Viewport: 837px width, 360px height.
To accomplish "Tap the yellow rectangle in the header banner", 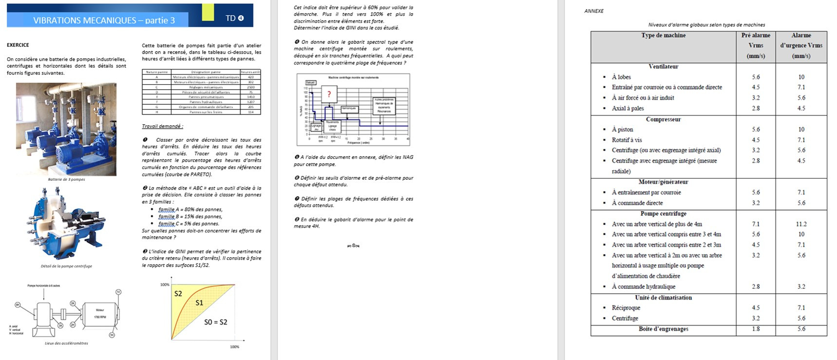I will pos(208,12).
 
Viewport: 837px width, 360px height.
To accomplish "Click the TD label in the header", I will pos(231,18).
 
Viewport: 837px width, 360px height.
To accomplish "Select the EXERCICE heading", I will pos(18,45).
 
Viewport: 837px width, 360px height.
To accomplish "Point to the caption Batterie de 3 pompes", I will pos(66,179).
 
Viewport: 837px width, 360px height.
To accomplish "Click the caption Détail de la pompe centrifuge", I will pos(66,266).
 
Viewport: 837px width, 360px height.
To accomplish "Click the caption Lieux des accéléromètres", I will pos(66,343).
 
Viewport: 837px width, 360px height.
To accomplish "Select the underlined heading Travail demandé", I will pos(162,126).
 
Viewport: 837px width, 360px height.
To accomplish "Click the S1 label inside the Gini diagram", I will pos(199,303).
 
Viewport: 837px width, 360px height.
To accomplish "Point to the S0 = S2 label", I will pos(215,322).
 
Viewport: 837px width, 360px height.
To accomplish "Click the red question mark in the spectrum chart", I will pos(329,94).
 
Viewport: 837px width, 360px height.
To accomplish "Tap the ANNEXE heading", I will pos(594,11).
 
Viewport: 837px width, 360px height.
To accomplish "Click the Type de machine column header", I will pos(663,36).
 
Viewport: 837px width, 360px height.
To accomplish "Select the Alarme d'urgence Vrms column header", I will pos(801,45).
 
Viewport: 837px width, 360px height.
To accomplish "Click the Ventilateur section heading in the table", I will pos(663,67).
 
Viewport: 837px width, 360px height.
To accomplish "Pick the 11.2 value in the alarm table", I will pos(801,224).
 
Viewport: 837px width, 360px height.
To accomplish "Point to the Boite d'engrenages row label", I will pos(663,329).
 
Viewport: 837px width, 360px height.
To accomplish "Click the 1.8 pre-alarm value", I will pos(756,329).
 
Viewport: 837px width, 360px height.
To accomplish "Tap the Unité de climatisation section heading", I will pos(663,298).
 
